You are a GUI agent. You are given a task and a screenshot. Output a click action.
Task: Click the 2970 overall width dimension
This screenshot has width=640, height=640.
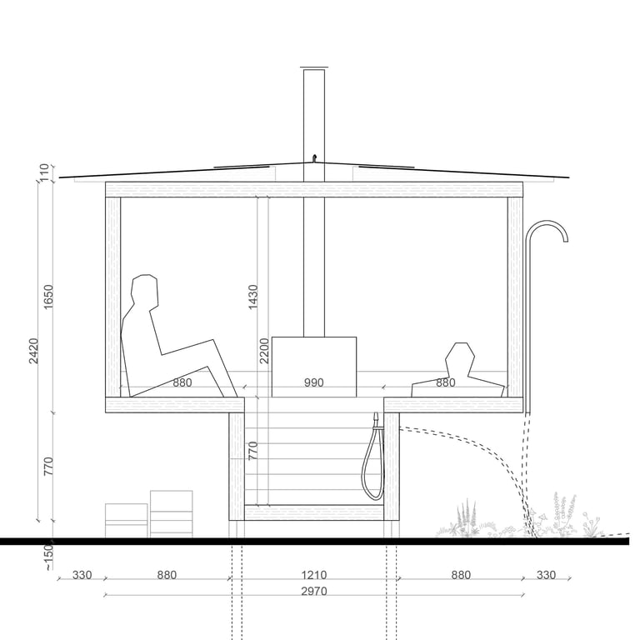314,591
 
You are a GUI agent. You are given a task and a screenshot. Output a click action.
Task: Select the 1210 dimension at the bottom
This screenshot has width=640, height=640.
314,575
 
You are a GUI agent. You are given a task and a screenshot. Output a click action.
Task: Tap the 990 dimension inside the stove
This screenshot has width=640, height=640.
314,382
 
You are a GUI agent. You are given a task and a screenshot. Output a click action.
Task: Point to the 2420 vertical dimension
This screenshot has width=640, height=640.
33,351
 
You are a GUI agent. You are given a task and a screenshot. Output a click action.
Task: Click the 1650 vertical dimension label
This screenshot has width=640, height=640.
48,297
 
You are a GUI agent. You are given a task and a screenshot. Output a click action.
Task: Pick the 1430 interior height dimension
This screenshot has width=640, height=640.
253,297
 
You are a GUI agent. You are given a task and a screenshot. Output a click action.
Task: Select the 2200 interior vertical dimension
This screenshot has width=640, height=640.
264,351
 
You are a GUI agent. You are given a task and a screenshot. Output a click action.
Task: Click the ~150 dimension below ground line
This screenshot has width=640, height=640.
48,557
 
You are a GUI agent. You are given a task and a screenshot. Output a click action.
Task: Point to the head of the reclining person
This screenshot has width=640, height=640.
144,290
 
